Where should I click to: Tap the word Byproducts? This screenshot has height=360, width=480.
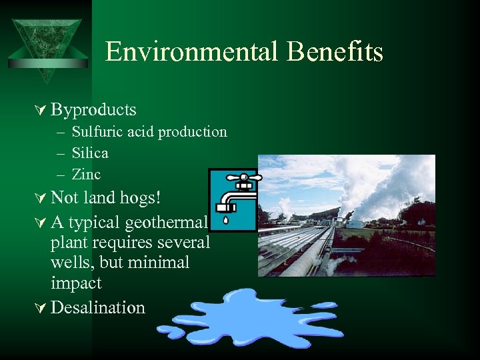(x=93, y=109)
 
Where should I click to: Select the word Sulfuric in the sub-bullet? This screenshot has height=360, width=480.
(x=95, y=131)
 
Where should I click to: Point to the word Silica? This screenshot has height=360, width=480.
(x=90, y=153)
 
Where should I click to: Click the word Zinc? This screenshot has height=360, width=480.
(x=86, y=174)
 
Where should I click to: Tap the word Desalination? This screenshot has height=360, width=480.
(x=97, y=307)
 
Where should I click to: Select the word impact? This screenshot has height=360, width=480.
(x=76, y=283)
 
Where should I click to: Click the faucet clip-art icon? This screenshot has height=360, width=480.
(x=233, y=199)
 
